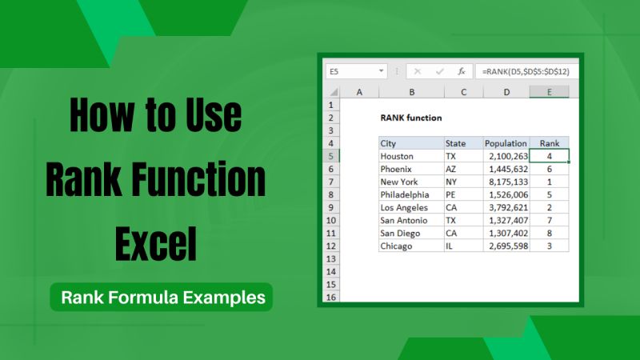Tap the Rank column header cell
(549, 143)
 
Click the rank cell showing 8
(549, 233)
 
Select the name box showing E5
(355, 71)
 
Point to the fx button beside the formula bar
(462, 71)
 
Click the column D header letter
(506, 92)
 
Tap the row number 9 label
(331, 207)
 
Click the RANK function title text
(411, 118)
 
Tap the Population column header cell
(506, 143)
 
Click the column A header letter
(359, 92)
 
